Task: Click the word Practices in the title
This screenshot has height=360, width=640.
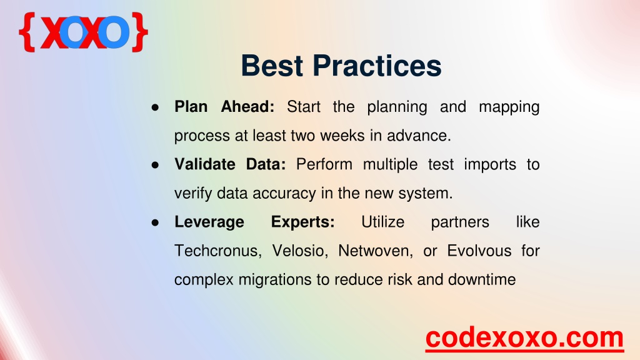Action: point(377,66)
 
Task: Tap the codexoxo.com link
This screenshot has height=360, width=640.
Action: point(524,338)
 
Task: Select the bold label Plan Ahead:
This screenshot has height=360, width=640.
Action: point(224,106)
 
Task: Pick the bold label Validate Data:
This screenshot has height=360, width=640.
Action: point(230,164)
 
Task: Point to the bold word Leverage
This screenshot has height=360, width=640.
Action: point(209,222)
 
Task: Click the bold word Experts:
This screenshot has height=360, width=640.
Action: point(303,222)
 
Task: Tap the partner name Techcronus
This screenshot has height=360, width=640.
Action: point(218,251)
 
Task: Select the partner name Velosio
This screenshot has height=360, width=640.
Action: point(300,251)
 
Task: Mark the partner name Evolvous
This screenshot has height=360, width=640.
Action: point(479,251)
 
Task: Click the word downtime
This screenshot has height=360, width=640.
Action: point(482,279)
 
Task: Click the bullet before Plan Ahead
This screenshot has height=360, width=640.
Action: point(155,107)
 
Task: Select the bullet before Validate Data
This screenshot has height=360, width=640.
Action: point(155,165)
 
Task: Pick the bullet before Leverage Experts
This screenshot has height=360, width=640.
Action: point(155,223)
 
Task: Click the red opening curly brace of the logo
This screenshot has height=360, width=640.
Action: point(27,32)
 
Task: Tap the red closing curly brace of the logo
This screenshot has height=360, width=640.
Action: point(139,32)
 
